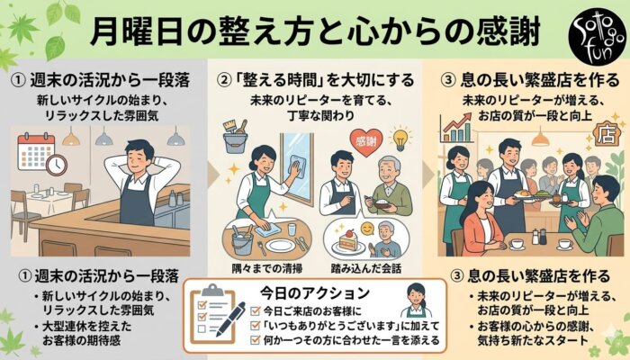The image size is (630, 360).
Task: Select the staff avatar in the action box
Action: [x=415, y=300]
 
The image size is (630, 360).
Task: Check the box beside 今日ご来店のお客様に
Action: [x=256, y=310]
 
